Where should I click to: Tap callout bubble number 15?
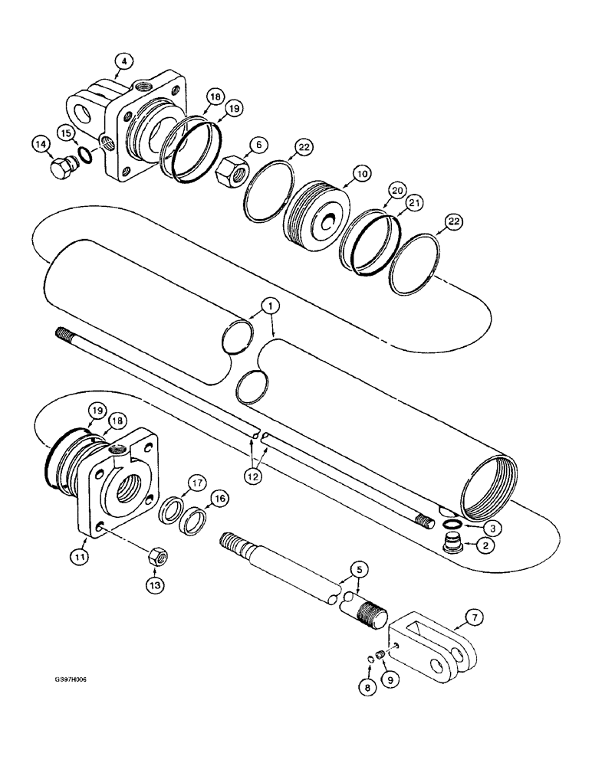[x=67, y=133]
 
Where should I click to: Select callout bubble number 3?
[x=475, y=529]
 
